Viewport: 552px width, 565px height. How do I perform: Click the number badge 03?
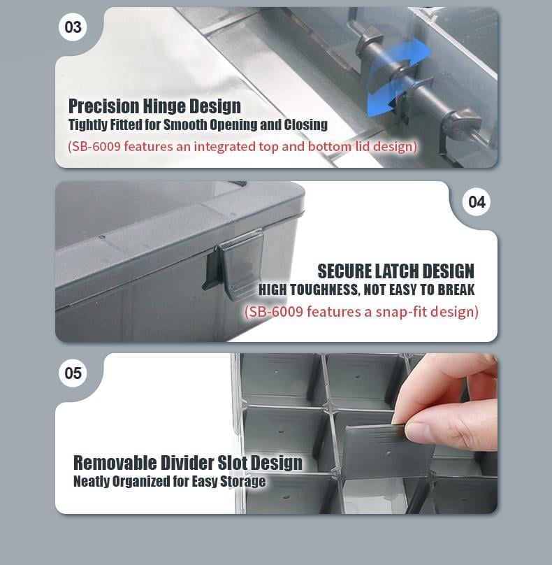click(73, 27)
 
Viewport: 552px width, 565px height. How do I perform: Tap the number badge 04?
click(477, 202)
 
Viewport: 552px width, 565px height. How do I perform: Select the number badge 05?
click(73, 373)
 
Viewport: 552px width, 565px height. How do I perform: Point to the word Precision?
click(103, 107)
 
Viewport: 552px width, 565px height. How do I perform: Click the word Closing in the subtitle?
click(306, 125)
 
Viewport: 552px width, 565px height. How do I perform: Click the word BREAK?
click(456, 290)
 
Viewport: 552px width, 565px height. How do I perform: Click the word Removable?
click(115, 463)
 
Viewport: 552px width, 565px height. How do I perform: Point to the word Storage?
click(243, 482)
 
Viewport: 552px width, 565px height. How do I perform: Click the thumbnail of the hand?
click(450, 400)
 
